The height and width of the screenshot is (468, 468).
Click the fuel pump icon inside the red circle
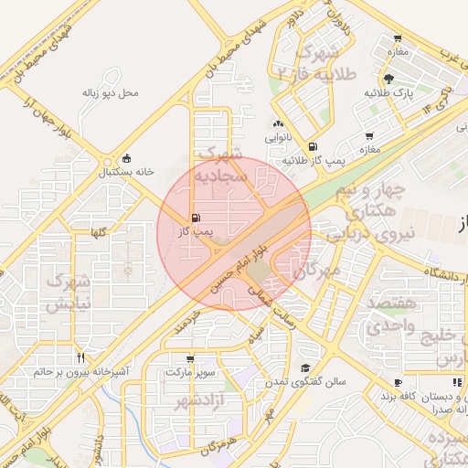197,218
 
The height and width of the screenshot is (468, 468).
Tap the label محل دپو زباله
109,92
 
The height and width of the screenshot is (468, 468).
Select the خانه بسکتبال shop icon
126,157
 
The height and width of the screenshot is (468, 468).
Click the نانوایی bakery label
278,138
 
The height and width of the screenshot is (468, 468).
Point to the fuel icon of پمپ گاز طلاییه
314,145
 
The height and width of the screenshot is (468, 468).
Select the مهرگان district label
317,271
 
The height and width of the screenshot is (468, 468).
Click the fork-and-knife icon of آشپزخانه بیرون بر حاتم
82,357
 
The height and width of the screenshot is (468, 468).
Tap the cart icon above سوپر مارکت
189,359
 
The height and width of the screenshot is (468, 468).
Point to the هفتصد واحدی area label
393,312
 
